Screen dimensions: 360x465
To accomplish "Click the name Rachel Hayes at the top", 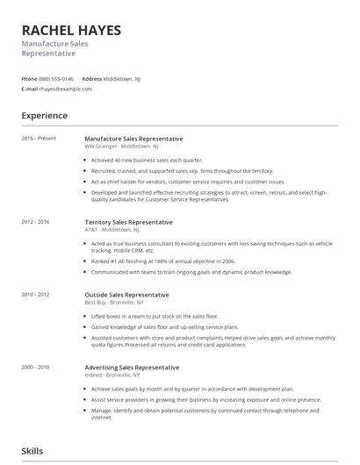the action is pyautogui.click(x=72, y=30).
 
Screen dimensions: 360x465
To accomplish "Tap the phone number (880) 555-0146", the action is pyautogui.click(x=56, y=79).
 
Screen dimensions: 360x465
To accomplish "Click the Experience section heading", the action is pyautogui.click(x=45, y=116).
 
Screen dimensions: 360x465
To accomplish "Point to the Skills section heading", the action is pyautogui.click(x=32, y=451).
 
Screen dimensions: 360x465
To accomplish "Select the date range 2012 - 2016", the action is pyautogui.click(x=36, y=222).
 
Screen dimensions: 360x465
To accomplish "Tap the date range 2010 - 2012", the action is pyautogui.click(x=36, y=294).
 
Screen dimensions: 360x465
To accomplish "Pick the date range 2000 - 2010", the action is pyautogui.click(x=36, y=367).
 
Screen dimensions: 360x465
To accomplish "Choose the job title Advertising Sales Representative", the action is pyautogui.click(x=132, y=367).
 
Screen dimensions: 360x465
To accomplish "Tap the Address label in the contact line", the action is pyautogui.click(x=91, y=79).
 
